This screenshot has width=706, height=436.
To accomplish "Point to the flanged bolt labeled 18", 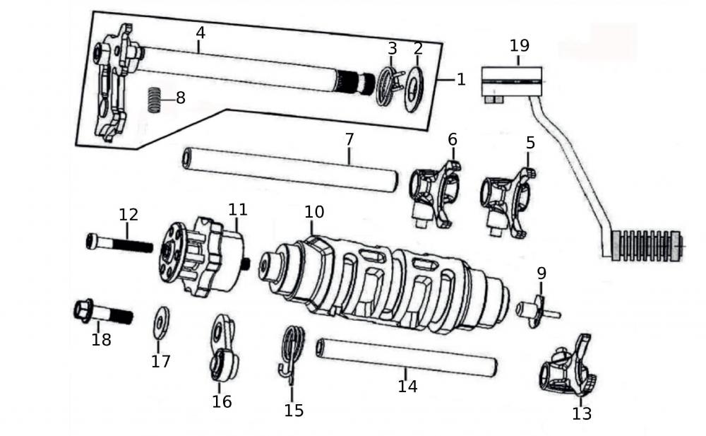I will (103, 312).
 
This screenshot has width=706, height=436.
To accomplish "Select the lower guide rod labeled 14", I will (407, 358).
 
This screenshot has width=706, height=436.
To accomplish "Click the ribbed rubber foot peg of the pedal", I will (645, 245).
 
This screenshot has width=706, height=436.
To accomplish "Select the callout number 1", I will (461, 79).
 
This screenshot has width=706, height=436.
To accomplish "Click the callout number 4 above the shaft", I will (201, 33).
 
